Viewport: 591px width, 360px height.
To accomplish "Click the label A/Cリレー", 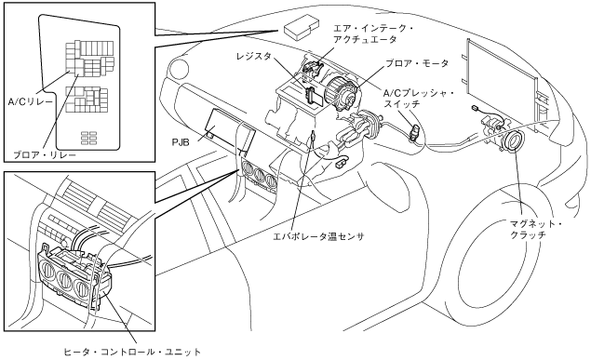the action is [31, 101].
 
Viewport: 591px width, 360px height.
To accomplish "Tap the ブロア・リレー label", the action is [45, 154].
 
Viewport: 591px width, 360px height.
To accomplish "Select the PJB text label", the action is [181, 142].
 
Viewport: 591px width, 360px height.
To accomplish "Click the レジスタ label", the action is [253, 57].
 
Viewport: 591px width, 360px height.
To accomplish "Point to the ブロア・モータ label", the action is [416, 63].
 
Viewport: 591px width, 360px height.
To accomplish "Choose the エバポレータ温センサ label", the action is [318, 236].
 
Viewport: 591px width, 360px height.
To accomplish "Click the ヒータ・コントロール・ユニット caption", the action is [132, 352].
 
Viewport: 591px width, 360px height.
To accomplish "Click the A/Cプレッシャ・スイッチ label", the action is [418, 99].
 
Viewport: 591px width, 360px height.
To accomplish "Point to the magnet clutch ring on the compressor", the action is [513, 140].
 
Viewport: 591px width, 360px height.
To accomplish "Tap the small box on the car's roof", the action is [302, 26].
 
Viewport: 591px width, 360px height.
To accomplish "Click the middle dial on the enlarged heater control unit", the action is [65, 281].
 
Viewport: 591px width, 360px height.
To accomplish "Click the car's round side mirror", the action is [179, 69].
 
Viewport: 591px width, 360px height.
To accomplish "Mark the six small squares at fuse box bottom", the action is [89, 138].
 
